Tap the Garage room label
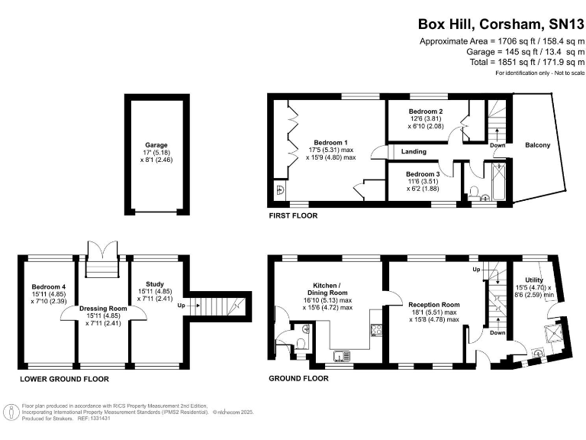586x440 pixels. (156, 144)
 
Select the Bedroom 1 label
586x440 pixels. (332, 142)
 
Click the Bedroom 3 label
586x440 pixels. (423, 174)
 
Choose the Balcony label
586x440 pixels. (538, 144)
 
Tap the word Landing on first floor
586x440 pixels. (414, 151)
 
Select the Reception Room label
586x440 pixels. (433, 305)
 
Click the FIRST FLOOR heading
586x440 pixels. (293, 216)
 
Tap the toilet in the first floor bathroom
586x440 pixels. (474, 191)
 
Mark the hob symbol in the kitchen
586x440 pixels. (375, 330)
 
